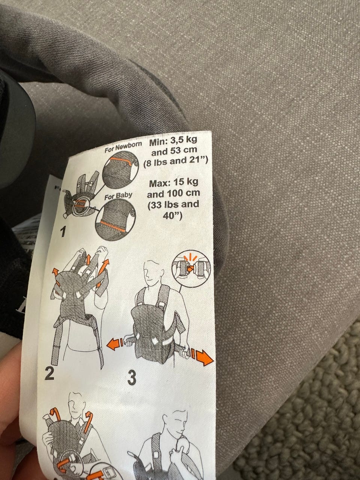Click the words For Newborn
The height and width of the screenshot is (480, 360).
[x=123, y=147]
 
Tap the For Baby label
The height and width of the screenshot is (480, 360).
[x=118, y=195]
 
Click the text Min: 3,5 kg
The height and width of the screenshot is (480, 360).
[x=173, y=141]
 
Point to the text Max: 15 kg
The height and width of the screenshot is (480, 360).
[x=174, y=182]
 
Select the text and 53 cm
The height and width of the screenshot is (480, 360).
[x=174, y=151]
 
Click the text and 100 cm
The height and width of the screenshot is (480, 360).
[x=174, y=193]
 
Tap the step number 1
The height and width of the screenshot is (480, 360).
[x=63, y=232]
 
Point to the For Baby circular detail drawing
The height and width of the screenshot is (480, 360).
[x=115, y=220]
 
